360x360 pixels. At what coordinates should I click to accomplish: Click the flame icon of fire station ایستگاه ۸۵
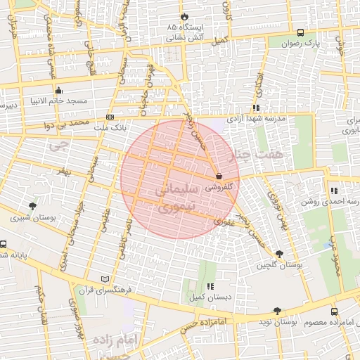coord(185,15)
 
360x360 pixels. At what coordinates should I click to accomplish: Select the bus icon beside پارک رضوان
coord(301,32)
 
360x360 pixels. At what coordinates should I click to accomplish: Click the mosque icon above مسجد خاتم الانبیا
coord(58,90)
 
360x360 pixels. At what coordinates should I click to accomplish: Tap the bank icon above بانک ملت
coord(110,117)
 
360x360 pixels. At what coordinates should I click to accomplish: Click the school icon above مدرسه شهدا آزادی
coord(256,108)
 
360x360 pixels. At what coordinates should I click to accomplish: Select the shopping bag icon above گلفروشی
coord(219,176)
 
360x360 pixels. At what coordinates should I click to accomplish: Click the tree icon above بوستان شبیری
coord(32,206)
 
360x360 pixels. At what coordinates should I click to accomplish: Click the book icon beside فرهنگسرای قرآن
coord(106,279)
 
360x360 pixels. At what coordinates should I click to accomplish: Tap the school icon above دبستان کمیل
coord(211,287)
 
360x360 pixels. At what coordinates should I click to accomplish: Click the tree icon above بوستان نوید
coord(276,310)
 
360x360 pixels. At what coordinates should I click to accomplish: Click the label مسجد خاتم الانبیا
coord(58,101)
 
